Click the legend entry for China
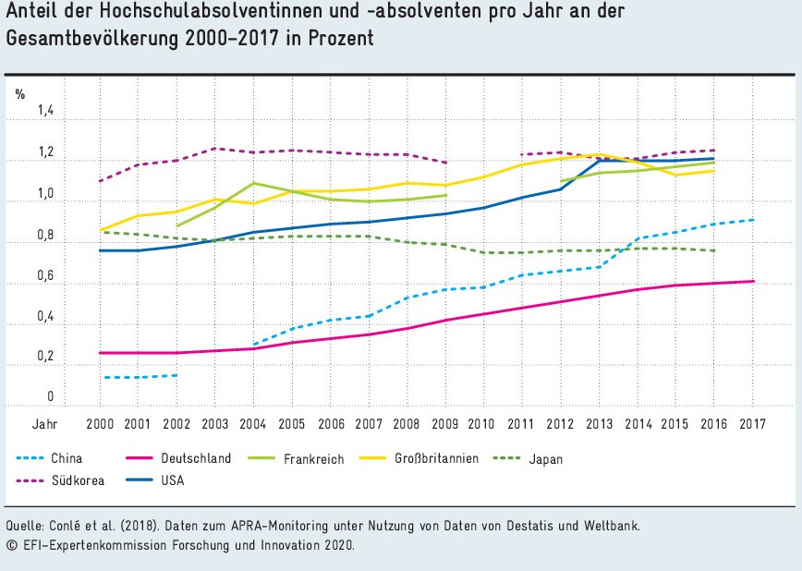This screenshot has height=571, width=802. click(x=67, y=458)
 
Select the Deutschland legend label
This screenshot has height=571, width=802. click(x=195, y=458)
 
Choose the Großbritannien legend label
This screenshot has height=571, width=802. click(x=437, y=458)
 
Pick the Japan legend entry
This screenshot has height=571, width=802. click(x=545, y=458)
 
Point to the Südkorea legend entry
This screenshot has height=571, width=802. click(x=77, y=480)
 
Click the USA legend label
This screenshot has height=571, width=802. click(x=173, y=480)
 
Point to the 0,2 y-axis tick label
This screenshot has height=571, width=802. click(x=46, y=358)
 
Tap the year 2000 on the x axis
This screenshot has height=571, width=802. click(x=99, y=423)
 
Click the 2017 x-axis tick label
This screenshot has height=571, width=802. click(x=752, y=423)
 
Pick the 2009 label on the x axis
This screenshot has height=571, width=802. click(x=445, y=423)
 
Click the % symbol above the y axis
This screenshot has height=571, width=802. click(x=19, y=94)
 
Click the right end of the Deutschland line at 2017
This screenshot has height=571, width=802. click(x=752, y=281)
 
